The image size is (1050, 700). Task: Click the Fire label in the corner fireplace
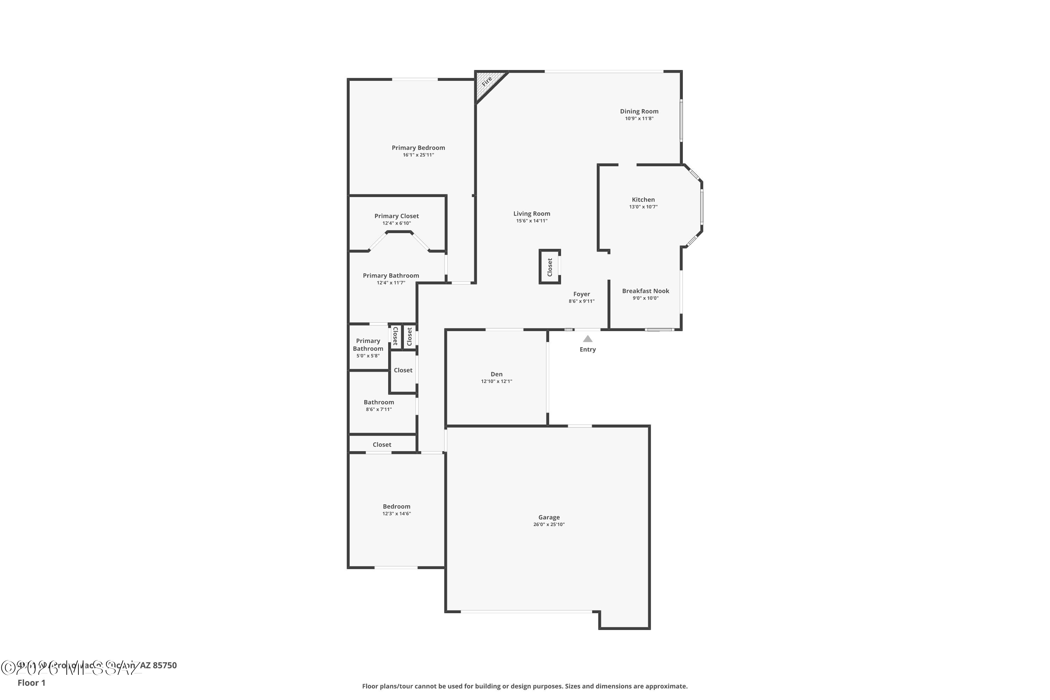point(486,81)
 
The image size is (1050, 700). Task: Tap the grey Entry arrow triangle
point(588,339)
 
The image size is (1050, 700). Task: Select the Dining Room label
point(639,111)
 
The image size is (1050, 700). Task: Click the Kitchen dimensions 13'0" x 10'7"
point(643,207)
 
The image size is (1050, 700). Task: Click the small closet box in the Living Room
point(549,267)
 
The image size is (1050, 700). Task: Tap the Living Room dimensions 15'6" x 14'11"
point(531,220)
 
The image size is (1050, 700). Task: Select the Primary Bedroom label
point(418,148)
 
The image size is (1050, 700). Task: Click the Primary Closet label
point(397,216)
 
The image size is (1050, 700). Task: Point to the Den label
point(496,374)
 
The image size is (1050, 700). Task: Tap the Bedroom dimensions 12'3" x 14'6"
point(397,513)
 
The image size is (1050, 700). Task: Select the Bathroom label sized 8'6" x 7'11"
point(379,402)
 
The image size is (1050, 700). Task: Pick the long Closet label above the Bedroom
point(382,444)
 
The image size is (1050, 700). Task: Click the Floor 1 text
point(31,682)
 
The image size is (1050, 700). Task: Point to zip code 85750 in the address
point(165,665)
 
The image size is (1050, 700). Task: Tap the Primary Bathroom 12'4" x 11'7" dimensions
point(391,282)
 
